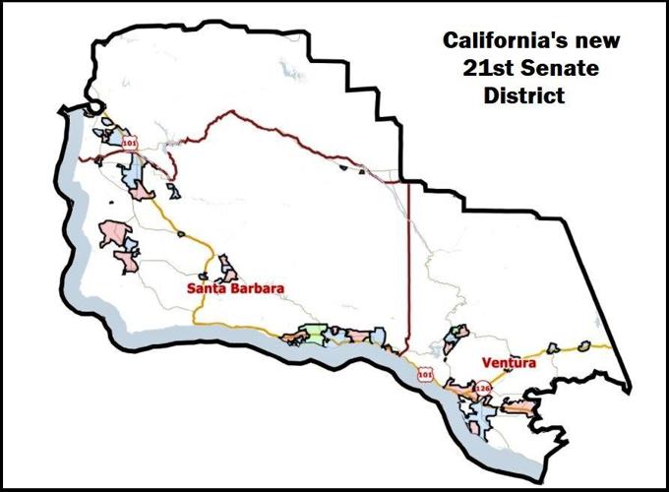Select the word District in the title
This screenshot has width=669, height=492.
point(525,98)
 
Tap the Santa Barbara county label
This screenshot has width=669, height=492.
point(236,289)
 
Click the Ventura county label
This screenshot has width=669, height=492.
point(510,364)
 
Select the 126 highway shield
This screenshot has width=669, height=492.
point(482,390)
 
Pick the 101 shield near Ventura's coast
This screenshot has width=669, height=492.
point(424,374)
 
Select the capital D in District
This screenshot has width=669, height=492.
point(493,98)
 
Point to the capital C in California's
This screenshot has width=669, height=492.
point(451,42)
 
